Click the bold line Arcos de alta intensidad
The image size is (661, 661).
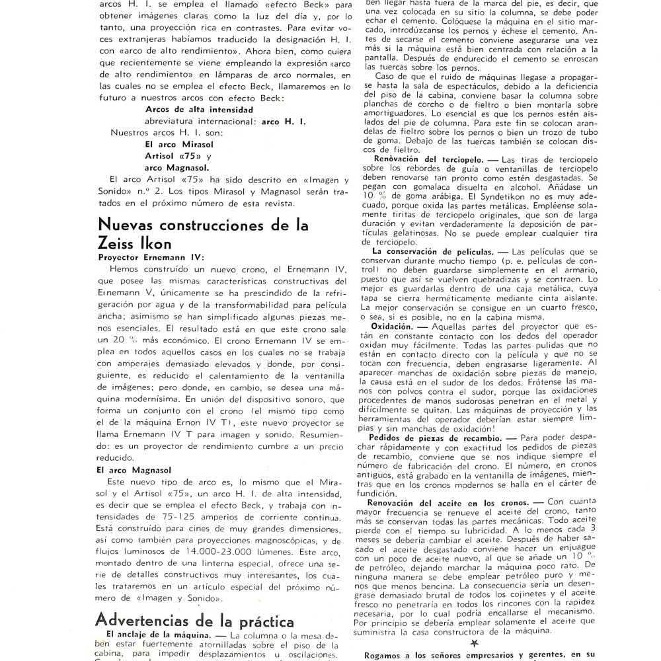189,110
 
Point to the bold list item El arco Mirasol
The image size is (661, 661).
173,143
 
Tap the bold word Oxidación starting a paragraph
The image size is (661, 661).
394,326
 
